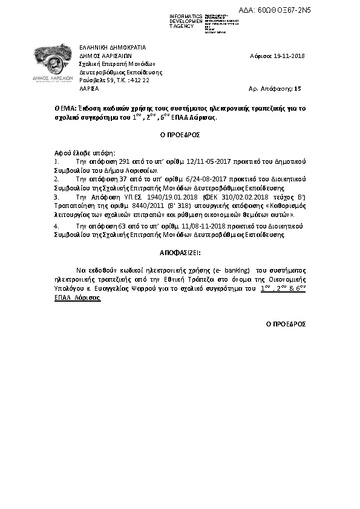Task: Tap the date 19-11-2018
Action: click(x=286, y=56)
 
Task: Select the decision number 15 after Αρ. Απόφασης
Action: click(x=297, y=88)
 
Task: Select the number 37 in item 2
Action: click(x=123, y=180)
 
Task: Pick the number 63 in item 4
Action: click(x=124, y=225)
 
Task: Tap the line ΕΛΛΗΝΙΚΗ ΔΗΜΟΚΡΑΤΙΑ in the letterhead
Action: click(x=113, y=48)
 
